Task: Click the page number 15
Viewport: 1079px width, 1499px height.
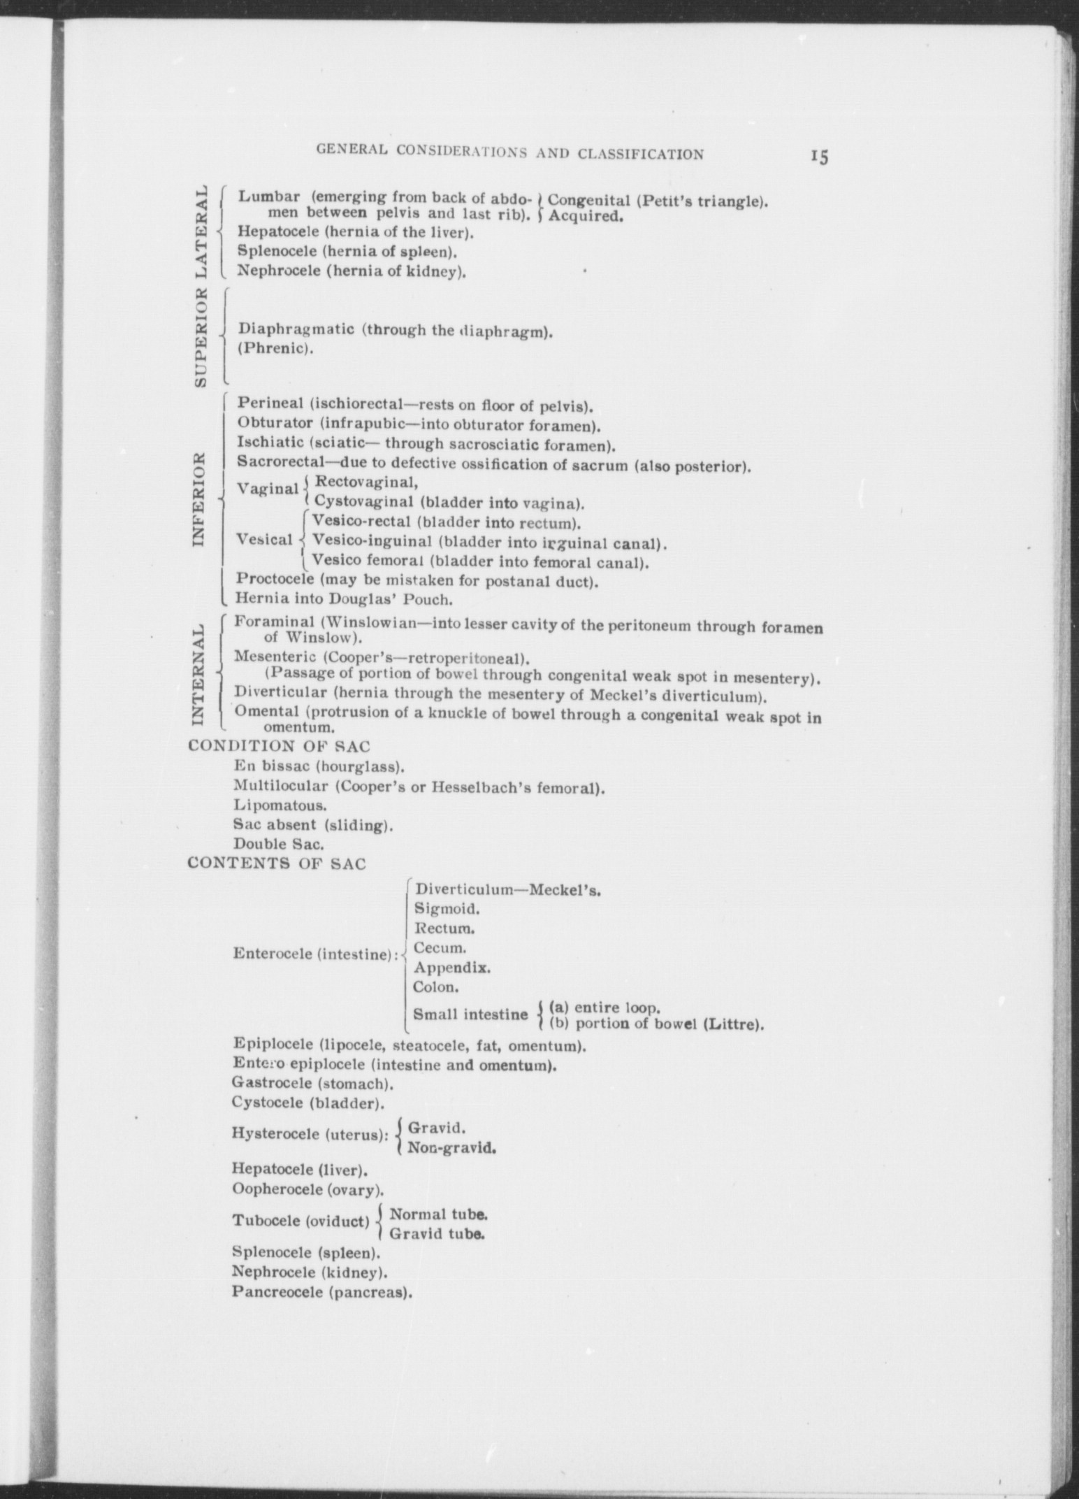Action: click(819, 156)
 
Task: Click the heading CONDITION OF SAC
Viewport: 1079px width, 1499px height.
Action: click(280, 746)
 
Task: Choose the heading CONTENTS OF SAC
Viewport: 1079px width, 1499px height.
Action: click(277, 863)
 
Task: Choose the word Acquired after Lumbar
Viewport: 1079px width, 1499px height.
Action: click(585, 217)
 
